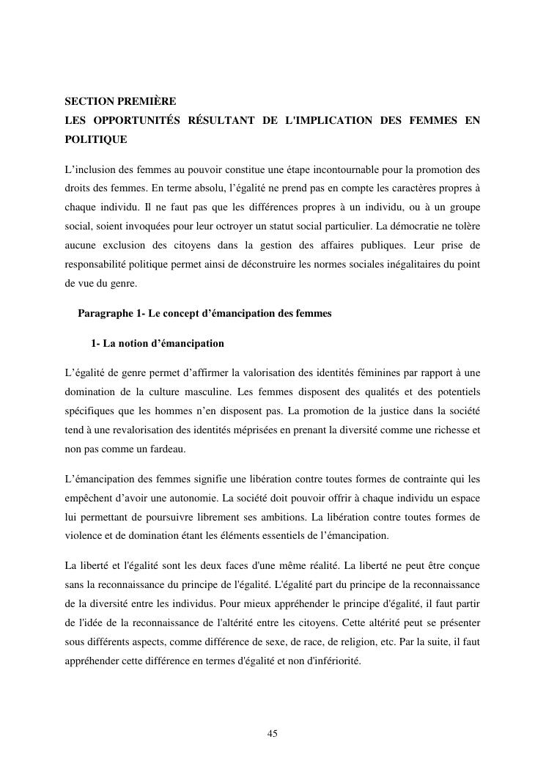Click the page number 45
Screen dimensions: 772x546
273,734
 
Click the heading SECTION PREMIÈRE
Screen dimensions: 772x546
120,100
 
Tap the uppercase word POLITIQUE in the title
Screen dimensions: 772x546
95,139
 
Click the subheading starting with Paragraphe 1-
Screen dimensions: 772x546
204,313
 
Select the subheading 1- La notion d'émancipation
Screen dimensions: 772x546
158,343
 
